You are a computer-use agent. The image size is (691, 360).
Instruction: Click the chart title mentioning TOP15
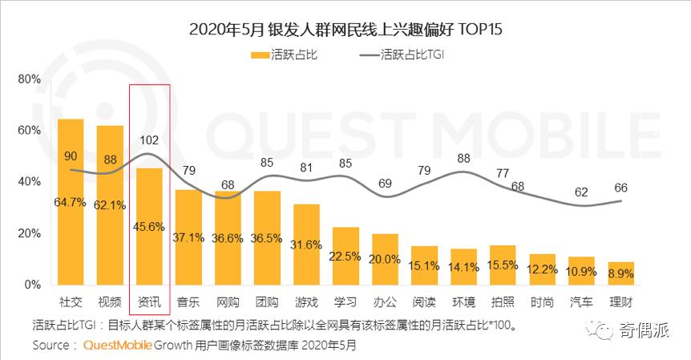click(x=345, y=30)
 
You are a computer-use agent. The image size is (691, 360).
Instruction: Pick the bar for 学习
click(x=345, y=256)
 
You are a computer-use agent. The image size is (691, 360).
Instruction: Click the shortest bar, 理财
click(x=620, y=273)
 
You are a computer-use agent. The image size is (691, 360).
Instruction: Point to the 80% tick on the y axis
click(x=28, y=79)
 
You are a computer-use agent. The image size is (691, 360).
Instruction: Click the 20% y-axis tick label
click(x=28, y=233)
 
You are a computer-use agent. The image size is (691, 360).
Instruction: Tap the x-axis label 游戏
click(x=306, y=302)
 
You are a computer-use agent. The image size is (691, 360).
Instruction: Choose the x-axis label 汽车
click(x=581, y=302)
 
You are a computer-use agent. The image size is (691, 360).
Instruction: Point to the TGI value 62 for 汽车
click(x=581, y=192)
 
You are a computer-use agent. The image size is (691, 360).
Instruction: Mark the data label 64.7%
click(x=71, y=202)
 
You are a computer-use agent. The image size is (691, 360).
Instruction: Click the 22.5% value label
click(x=345, y=257)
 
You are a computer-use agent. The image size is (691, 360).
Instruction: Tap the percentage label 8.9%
click(x=620, y=273)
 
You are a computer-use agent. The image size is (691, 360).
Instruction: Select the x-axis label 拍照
click(x=503, y=302)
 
